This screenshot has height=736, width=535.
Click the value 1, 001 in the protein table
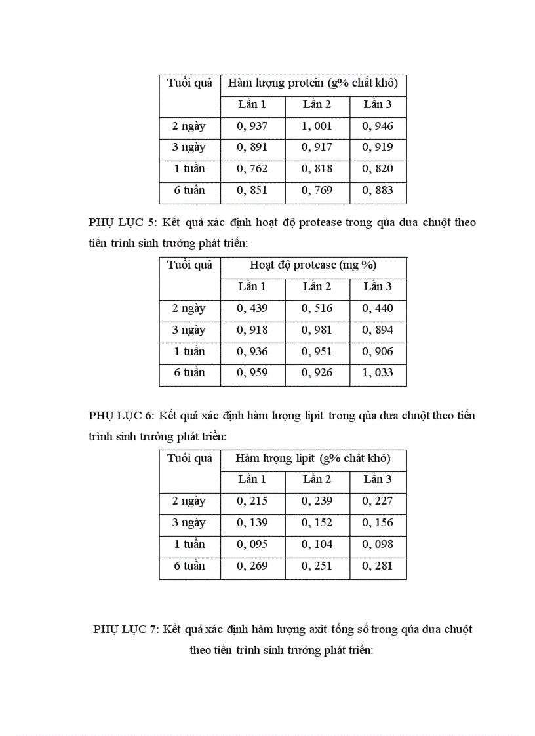(317, 126)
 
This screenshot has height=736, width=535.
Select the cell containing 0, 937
(252, 126)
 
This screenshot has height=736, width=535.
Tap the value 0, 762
(252, 168)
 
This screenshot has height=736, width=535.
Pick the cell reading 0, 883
(378, 190)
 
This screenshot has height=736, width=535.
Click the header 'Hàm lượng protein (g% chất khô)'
(313, 83)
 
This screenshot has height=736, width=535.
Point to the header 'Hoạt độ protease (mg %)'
(313, 265)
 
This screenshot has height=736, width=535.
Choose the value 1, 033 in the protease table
(378, 372)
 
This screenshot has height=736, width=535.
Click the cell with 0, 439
(252, 308)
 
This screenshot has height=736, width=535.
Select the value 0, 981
(317, 330)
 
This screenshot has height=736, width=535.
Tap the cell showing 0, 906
(378, 351)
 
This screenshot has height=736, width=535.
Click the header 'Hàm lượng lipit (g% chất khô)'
(313, 458)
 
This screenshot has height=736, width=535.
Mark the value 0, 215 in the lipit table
(252, 501)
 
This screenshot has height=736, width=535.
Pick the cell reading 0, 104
(317, 544)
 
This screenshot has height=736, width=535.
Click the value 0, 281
(378, 565)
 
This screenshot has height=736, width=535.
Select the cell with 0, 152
(317, 522)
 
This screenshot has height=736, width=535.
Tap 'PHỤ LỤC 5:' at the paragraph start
(121, 222)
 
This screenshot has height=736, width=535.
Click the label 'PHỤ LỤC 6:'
(121, 416)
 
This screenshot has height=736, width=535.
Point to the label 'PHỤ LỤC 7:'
(127, 629)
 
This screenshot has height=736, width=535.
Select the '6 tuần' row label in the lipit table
(189, 565)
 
